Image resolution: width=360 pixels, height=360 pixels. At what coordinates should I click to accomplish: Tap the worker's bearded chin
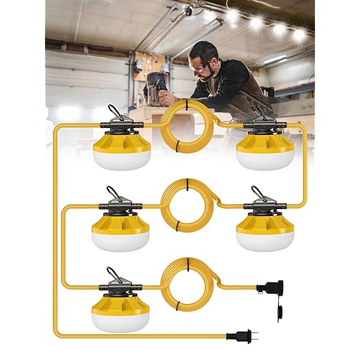tap(204, 77)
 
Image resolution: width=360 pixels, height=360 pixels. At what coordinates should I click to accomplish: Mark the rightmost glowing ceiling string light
tap(300, 33)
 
